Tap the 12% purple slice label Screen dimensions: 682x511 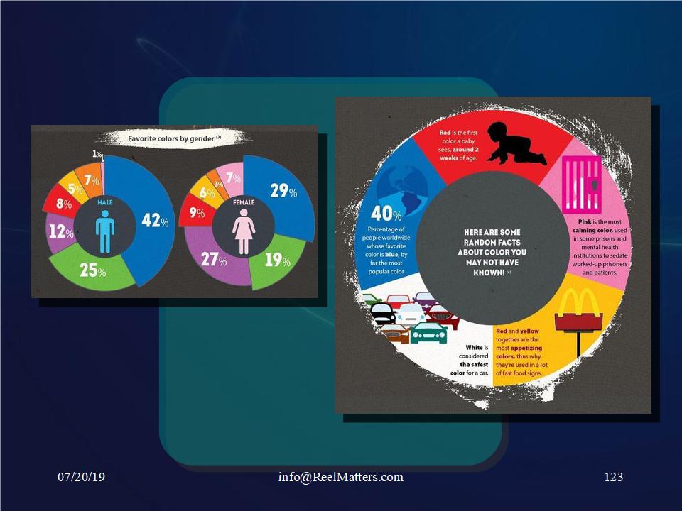pyautogui.click(x=61, y=231)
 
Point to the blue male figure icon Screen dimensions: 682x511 pyautogui.click(x=105, y=232)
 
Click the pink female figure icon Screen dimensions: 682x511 pyautogui.click(x=244, y=231)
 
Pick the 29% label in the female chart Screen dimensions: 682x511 pyautogui.click(x=283, y=190)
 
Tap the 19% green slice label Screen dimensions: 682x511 pyautogui.click(x=278, y=260)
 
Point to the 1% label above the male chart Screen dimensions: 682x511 pyautogui.click(x=97, y=154)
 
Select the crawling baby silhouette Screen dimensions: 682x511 pyautogui.click(x=516, y=143)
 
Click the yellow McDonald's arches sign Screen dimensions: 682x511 pyautogui.click(x=578, y=319)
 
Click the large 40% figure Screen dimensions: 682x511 pyautogui.click(x=386, y=214)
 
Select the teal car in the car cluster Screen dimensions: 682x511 pyautogui.click(x=429, y=333)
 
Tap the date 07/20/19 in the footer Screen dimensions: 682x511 pyautogui.click(x=81, y=477)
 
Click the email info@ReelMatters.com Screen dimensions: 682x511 pyautogui.click(x=340, y=477)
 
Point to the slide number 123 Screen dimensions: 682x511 pyautogui.click(x=614, y=477)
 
